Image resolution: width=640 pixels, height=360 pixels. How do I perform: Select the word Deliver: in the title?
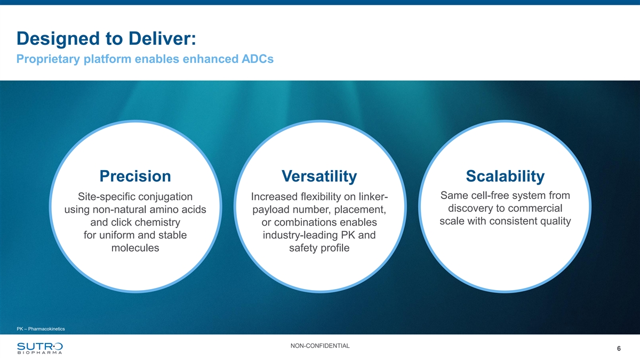(162, 38)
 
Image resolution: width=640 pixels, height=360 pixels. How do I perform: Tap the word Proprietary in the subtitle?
(48, 59)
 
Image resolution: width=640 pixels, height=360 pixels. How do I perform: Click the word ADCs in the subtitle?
(258, 59)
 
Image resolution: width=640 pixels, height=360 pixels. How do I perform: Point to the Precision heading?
(135, 176)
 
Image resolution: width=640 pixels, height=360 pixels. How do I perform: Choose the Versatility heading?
(319, 177)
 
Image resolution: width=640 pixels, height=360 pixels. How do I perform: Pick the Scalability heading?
(505, 176)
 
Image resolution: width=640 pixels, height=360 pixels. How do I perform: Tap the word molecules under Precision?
(135, 247)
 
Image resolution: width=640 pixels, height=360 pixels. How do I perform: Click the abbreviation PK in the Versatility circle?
(348, 235)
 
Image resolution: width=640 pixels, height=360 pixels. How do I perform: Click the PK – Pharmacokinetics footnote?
(41, 329)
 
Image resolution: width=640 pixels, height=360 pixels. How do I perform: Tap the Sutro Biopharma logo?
(39, 348)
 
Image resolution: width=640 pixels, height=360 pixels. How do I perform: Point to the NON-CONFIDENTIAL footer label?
(320, 346)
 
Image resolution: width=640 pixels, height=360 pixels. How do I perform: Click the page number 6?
(619, 348)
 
